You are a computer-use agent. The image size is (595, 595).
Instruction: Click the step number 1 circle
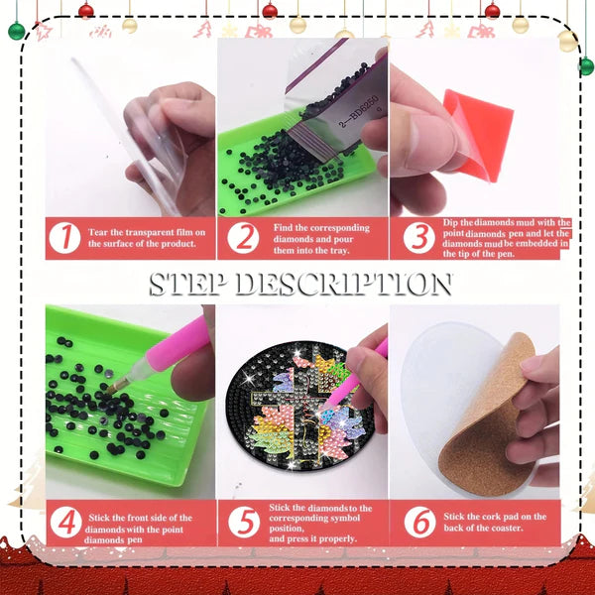(64, 238)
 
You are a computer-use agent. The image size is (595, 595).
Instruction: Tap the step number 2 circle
(243, 238)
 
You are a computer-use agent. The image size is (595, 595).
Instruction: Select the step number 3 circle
(418, 238)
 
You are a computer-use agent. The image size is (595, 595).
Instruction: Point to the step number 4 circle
(66, 523)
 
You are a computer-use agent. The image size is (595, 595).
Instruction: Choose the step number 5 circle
(244, 522)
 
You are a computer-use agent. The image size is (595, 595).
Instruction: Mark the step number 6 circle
(420, 522)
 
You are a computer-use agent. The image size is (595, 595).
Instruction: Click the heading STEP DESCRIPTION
(300, 284)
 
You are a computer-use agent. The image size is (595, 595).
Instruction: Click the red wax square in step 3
(480, 133)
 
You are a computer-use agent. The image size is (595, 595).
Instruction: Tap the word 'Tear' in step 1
(98, 232)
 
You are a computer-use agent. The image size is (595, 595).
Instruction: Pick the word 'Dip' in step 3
(451, 223)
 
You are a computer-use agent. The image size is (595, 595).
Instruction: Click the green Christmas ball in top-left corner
(16, 31)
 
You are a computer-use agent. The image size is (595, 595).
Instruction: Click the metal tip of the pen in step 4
(114, 388)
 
